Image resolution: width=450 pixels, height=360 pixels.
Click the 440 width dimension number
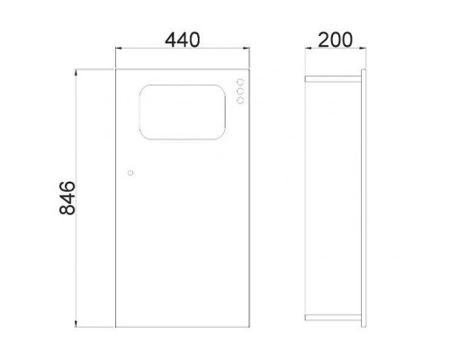click(182, 40)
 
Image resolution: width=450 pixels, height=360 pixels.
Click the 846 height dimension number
click(67, 198)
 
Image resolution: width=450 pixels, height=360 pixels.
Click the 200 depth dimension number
click(335, 40)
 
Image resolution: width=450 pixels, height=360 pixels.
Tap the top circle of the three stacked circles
click(240, 82)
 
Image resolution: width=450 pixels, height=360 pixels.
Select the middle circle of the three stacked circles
click(240, 91)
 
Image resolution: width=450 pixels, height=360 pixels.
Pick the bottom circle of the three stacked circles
click(240, 101)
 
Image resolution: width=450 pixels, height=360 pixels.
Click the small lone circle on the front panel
click(130, 173)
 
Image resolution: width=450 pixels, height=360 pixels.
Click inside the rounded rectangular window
click(183, 112)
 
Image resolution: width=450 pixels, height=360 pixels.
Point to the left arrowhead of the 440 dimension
click(118, 48)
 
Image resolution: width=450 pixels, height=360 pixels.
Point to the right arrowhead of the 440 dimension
click(247, 48)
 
